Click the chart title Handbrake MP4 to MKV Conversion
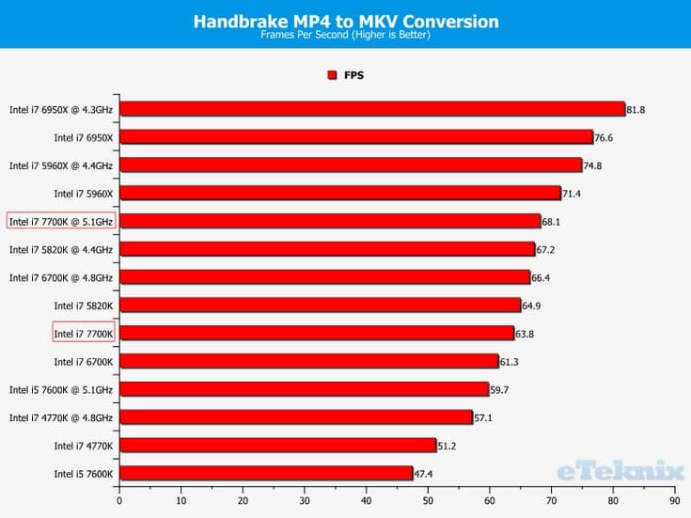click(x=345, y=21)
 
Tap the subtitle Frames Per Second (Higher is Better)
click(x=345, y=36)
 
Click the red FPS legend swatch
click(x=331, y=75)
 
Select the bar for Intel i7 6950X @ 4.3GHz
click(x=371, y=109)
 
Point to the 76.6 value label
click(x=605, y=137)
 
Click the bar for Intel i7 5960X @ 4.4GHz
click(x=350, y=165)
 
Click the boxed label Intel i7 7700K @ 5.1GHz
click(x=61, y=221)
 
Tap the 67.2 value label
click(x=546, y=249)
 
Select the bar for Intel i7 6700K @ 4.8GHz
click(x=324, y=277)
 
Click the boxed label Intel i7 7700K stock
click(x=83, y=333)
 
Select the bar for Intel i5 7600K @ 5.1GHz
click(x=304, y=389)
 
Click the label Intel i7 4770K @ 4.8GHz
click(x=61, y=417)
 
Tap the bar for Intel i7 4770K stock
click(x=277, y=446)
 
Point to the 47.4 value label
click(x=425, y=473)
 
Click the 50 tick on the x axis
click(x=428, y=501)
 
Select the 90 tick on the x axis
click(x=674, y=501)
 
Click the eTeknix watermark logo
click(x=620, y=469)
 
